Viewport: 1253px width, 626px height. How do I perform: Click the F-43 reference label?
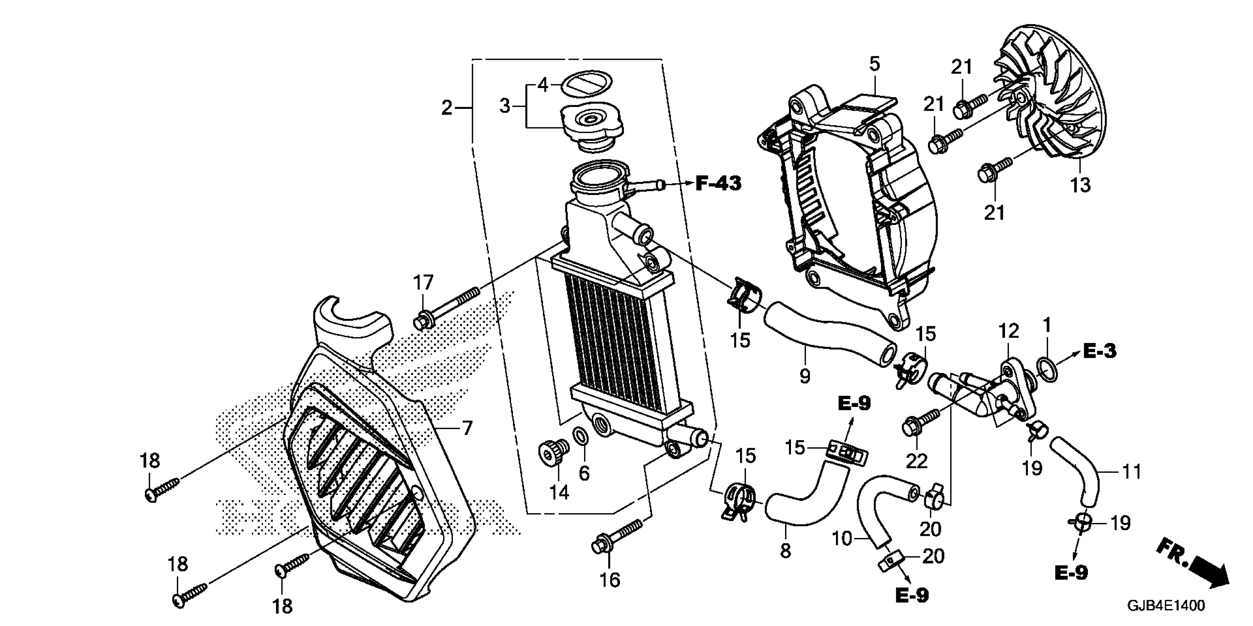(x=718, y=184)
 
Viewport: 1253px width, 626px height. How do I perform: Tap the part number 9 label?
(x=804, y=375)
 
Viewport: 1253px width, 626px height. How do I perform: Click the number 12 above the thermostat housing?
(x=1008, y=331)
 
